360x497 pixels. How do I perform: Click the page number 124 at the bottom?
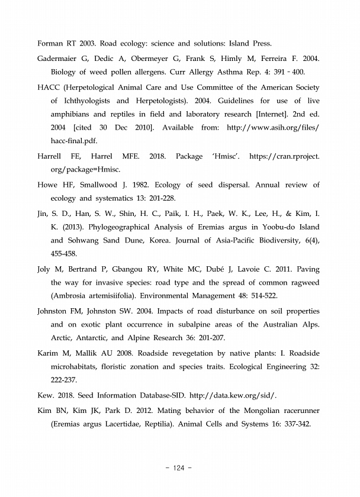point(180,469)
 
